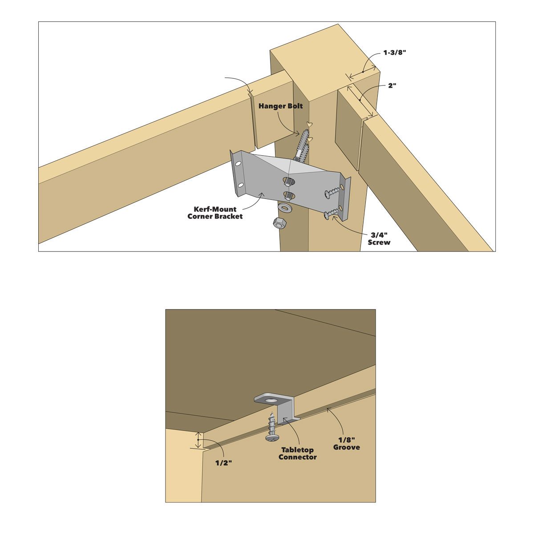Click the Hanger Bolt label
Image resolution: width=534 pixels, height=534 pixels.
280,106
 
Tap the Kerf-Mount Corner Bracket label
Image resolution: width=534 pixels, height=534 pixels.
215,213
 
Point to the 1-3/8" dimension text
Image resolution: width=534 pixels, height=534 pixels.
395,53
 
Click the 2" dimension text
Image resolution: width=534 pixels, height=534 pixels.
392,85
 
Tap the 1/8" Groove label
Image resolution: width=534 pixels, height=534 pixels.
347,444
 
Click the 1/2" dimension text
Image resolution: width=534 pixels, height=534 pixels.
223,463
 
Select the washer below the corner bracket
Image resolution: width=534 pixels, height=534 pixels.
284,207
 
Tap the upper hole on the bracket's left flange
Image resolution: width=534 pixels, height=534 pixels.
239,164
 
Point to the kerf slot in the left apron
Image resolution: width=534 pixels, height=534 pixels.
252,120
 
